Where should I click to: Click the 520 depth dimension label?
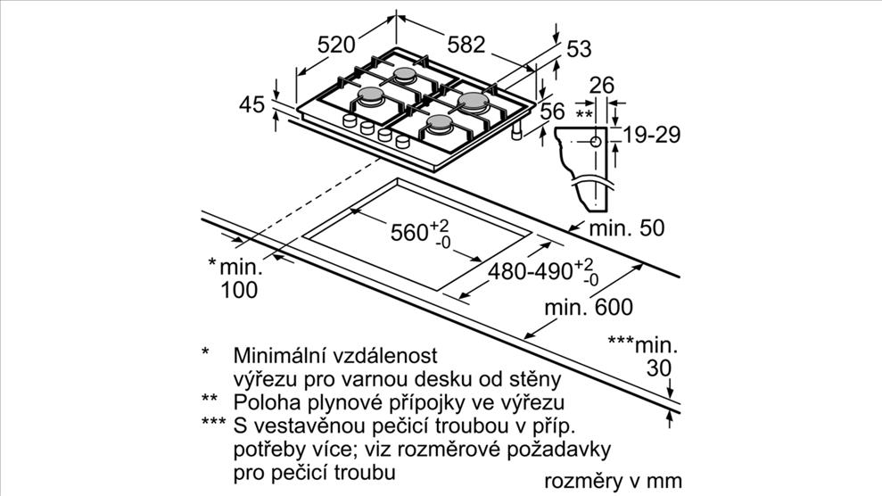[x=336, y=45]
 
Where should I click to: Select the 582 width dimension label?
[x=466, y=45]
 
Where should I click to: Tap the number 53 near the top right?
[x=579, y=49]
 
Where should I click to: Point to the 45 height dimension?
[x=251, y=104]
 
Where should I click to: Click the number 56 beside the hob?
[x=552, y=112]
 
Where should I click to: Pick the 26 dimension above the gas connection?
[x=601, y=86]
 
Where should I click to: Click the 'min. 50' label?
[x=627, y=227]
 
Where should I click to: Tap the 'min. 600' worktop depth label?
[x=589, y=308]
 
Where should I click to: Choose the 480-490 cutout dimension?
[x=543, y=271]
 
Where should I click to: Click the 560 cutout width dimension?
[x=421, y=232]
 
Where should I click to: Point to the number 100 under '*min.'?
[x=239, y=290]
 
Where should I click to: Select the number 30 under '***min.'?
[x=659, y=368]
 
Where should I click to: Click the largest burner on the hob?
[x=473, y=101]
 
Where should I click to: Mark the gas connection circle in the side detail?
[x=596, y=141]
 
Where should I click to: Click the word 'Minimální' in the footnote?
[x=279, y=355]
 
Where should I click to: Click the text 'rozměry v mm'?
[x=614, y=482]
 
